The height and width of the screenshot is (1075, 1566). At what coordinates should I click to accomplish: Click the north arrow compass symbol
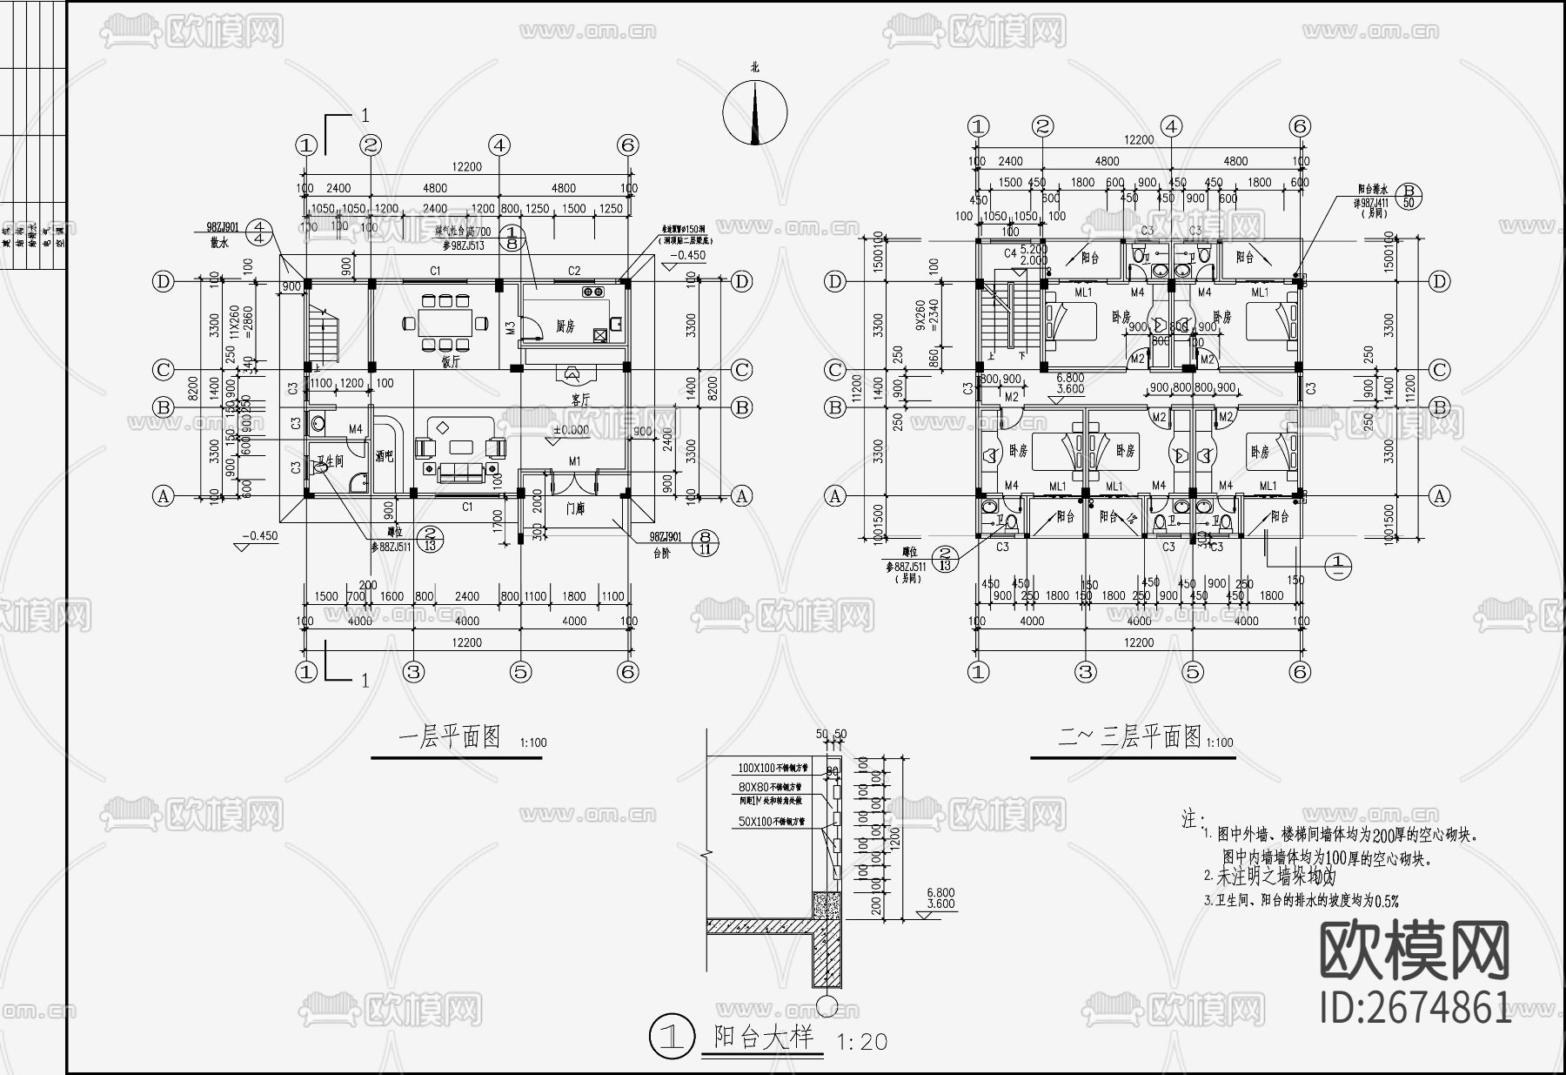pos(754,111)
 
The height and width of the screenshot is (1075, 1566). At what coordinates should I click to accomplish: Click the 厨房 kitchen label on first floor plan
pos(565,326)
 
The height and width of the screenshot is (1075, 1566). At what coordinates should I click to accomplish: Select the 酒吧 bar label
pos(385,454)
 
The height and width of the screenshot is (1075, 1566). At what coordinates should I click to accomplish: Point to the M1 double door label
pos(575,460)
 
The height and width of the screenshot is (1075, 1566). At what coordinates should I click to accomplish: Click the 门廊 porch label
pos(575,508)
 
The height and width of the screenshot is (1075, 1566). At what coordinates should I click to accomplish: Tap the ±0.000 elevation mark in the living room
pos(572,430)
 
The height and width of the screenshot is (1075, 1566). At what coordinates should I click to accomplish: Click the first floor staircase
pos(322,335)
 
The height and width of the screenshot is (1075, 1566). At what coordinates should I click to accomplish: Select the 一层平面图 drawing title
pos(450,737)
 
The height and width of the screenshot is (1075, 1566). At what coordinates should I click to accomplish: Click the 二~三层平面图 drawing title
pos(1128,737)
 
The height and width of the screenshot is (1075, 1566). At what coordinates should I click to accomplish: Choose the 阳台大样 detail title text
pos(763,1037)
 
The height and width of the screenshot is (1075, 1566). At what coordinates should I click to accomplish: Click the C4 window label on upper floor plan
pos(1010,253)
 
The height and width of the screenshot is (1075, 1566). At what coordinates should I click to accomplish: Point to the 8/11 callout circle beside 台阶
pos(705,543)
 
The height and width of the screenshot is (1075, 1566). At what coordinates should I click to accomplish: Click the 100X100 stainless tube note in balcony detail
pos(773,769)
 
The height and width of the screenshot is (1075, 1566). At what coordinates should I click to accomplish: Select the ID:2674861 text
pos(1415,1008)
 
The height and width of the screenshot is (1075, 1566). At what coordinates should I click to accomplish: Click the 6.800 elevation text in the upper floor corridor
pos(1069,378)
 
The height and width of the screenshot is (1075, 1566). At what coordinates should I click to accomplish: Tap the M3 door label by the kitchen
pos(511,327)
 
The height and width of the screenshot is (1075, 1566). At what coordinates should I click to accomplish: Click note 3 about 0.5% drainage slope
pos(1301,901)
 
